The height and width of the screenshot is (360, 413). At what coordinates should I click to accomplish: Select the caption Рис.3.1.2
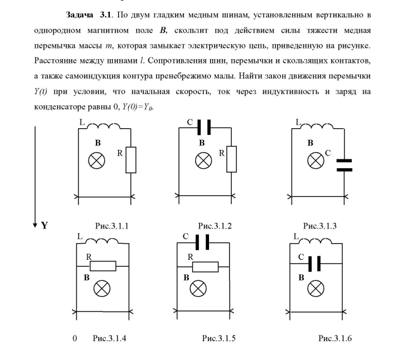(x=214, y=226)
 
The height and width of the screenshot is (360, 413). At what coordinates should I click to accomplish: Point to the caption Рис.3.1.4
(x=110, y=338)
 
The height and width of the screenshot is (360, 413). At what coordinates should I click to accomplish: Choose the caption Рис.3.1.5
(x=218, y=338)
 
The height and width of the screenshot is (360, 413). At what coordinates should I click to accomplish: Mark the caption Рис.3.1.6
(x=335, y=338)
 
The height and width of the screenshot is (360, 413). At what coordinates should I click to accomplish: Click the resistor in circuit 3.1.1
(x=130, y=159)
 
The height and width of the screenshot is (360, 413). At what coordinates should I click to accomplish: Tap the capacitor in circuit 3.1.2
(x=203, y=128)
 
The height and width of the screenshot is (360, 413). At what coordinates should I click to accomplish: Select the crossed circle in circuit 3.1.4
(x=102, y=288)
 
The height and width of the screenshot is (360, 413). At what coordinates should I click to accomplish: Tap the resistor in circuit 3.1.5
(x=208, y=266)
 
